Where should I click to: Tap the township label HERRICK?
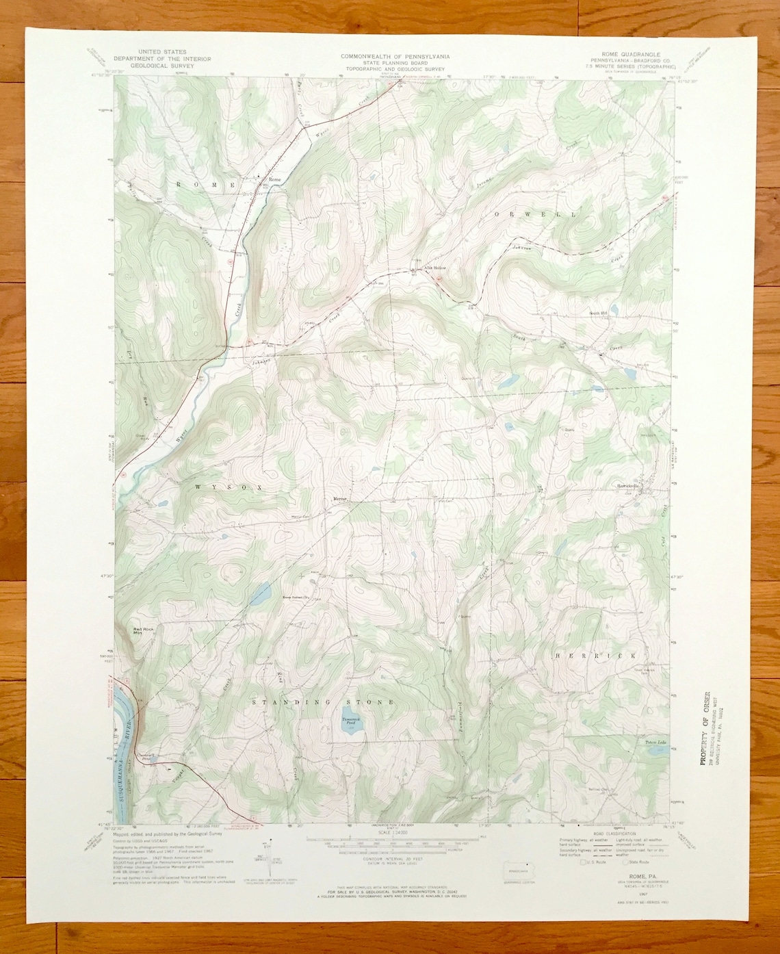coord(597,655)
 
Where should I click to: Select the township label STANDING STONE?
coord(323,702)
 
